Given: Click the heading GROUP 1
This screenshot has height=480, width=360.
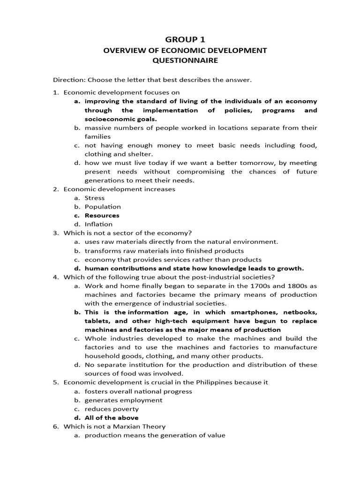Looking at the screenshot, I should (180, 40).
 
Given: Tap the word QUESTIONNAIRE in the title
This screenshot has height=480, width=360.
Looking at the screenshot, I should (180, 60).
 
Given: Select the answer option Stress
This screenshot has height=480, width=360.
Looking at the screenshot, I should (95, 198).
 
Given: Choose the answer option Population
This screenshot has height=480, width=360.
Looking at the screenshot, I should (103, 207).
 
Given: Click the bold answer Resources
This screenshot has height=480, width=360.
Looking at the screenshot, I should (102, 216).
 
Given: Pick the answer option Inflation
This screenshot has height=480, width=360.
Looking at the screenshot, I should (98, 224).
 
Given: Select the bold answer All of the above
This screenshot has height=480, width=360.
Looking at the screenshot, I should (112, 418).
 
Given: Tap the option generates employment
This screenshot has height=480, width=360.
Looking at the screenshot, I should (123, 400).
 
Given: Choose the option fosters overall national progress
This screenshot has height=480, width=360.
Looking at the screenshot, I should (138, 391).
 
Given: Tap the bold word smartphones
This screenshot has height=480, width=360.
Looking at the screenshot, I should (249, 312).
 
